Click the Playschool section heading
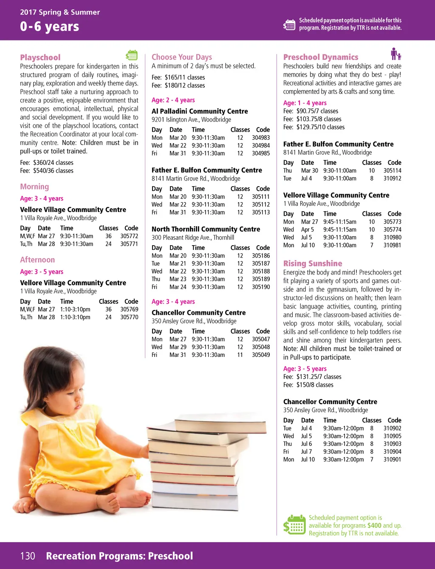tap(40, 57)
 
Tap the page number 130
tap(28, 556)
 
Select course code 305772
tap(129, 236)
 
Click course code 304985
tap(261, 153)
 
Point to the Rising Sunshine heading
tap(313, 263)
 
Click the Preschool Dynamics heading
tap(321, 57)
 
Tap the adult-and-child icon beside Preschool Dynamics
tap(396, 54)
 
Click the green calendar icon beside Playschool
tap(132, 55)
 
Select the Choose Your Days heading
tap(182, 57)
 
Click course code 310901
tap(392, 459)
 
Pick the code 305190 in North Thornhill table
tap(261, 287)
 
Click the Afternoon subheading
tap(37, 260)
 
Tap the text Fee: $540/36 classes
tap(47, 170)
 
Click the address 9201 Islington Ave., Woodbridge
tap(191, 119)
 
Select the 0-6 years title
tap(49, 26)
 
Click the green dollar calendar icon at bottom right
tap(294, 525)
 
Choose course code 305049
tap(261, 355)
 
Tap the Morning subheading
tap(34, 187)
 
